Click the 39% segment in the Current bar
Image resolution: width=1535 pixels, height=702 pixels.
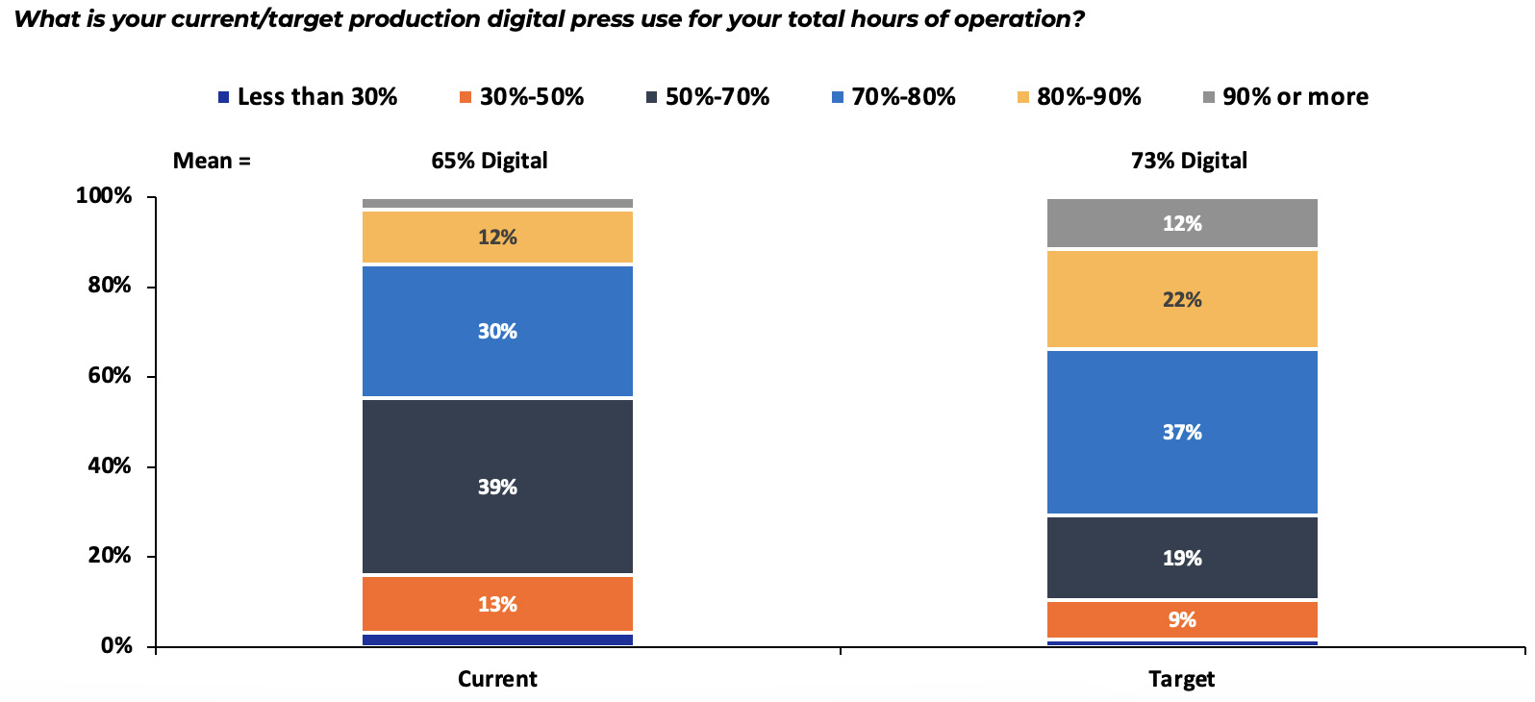[497, 487]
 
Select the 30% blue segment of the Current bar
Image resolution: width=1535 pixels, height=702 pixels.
[497, 331]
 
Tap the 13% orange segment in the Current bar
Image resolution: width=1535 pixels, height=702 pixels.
[497, 604]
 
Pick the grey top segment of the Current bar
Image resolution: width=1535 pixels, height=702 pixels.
[497, 203]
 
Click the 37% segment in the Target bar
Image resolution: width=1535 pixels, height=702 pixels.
[1182, 432]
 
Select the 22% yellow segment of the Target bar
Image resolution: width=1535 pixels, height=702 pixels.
[1182, 299]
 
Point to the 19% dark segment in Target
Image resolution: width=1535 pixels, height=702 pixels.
[1182, 558]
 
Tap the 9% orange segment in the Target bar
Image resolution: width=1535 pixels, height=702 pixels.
[1182, 619]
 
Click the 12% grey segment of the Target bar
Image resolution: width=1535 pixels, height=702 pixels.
[1182, 223]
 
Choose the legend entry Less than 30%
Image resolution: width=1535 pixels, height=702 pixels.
[308, 97]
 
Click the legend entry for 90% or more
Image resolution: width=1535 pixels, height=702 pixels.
[1286, 97]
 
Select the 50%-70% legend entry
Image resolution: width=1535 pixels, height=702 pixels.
[708, 97]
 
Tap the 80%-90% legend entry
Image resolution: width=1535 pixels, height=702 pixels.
[1079, 97]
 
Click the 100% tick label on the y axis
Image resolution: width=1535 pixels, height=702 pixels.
[104, 196]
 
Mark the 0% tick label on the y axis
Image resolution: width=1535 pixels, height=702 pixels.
[116, 646]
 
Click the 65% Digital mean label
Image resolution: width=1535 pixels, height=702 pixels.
[489, 161]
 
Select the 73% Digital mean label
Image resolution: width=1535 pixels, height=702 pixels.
[1189, 161]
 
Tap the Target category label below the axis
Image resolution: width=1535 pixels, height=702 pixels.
[1181, 679]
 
